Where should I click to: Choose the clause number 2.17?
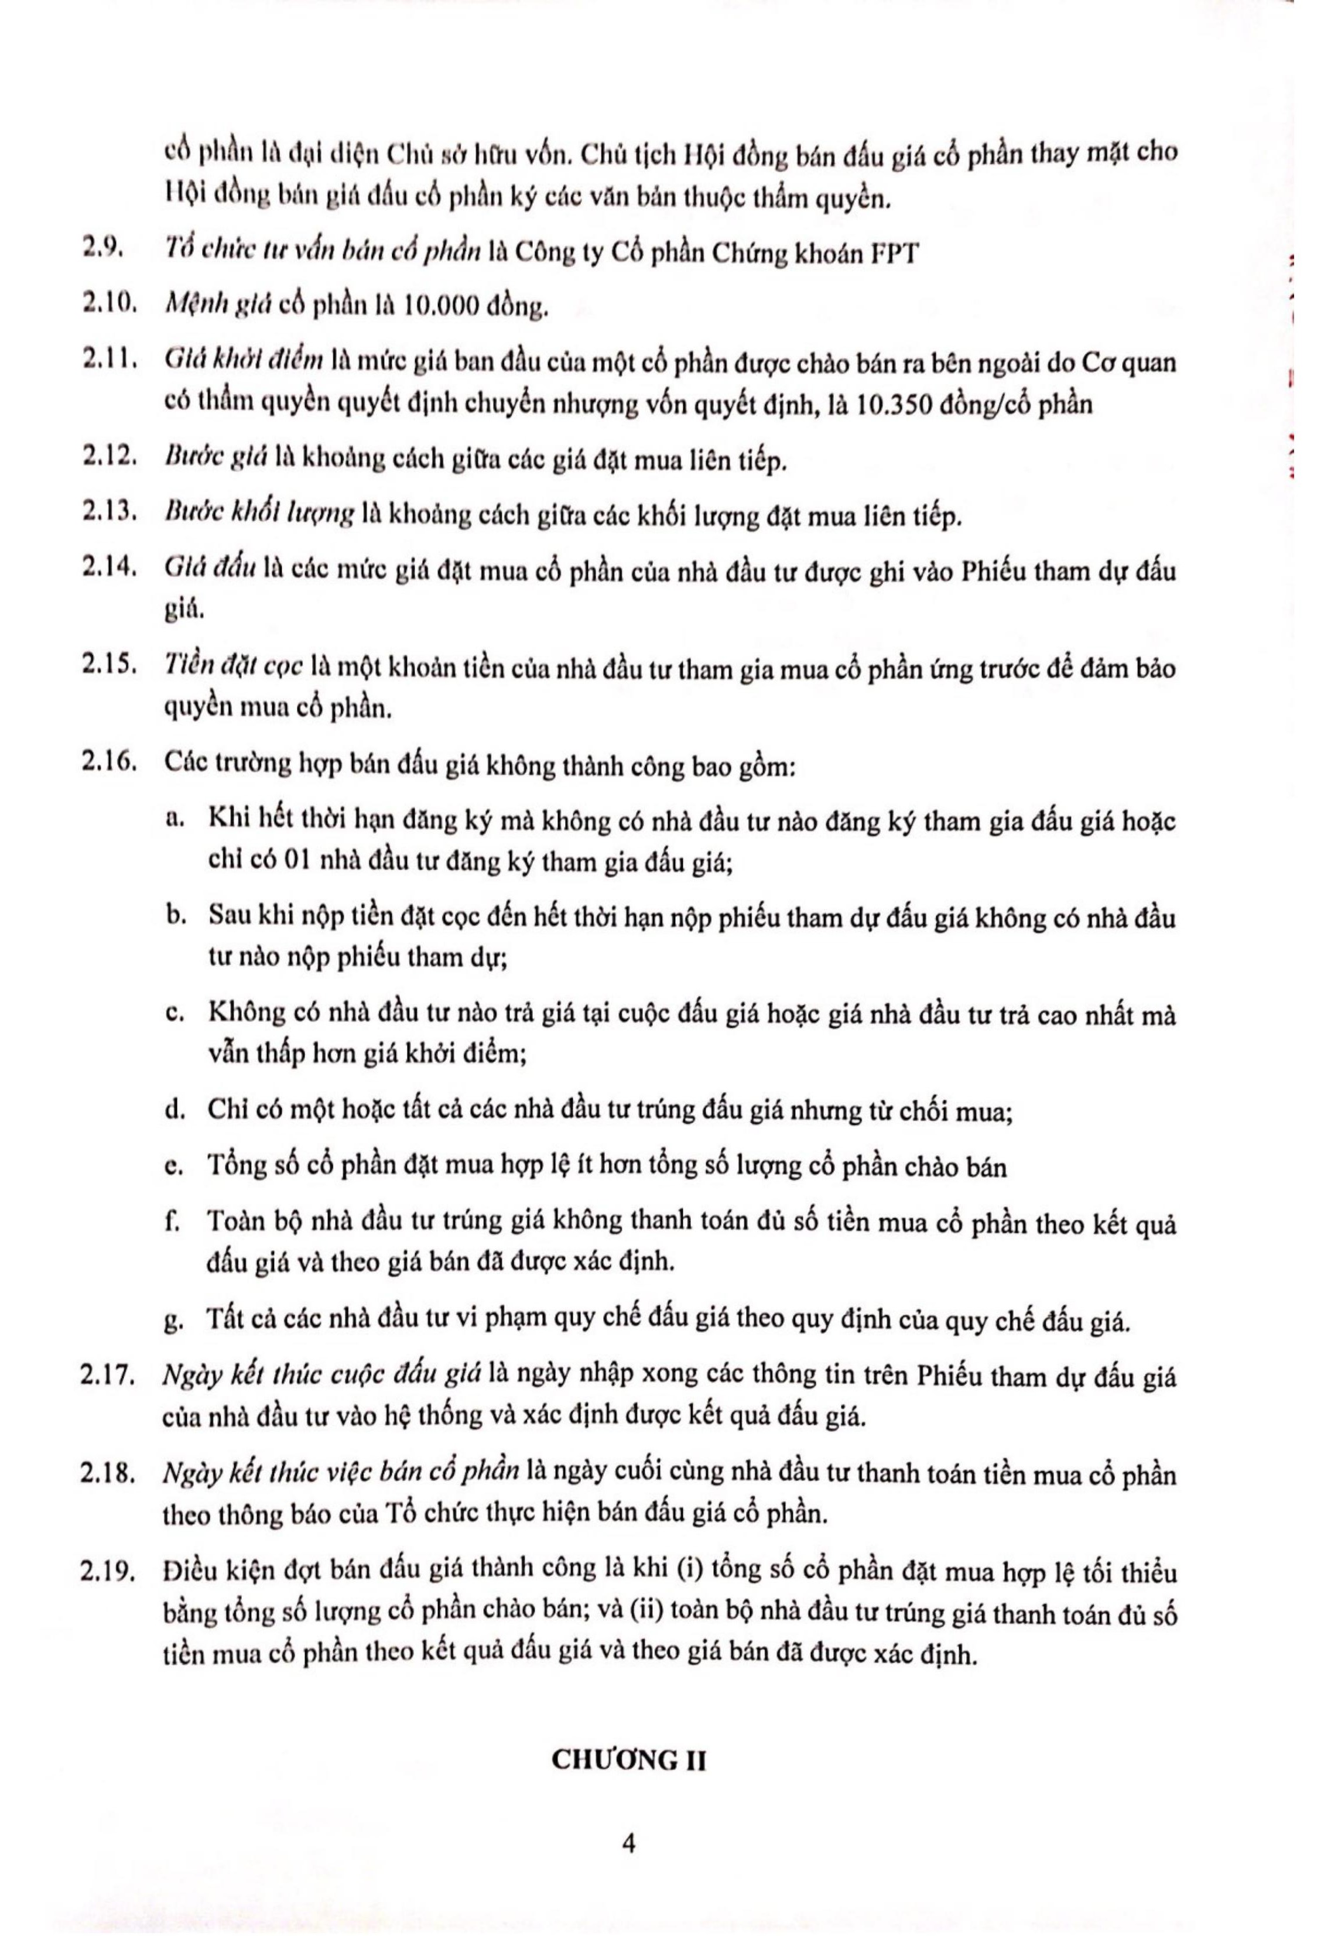[109, 1377]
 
